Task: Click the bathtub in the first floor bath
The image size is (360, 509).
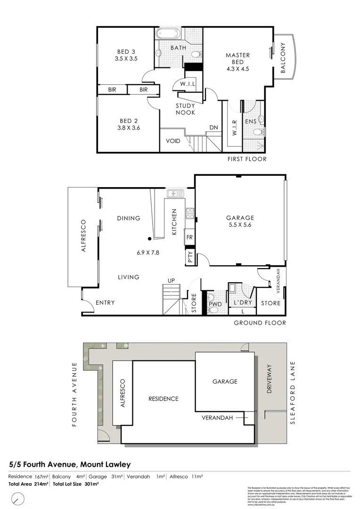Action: (168, 34)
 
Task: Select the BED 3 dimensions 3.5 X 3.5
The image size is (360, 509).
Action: (126, 59)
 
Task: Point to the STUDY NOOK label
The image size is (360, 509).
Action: (185, 109)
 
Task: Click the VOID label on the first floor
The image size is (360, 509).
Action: (173, 141)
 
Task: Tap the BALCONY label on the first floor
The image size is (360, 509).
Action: (283, 58)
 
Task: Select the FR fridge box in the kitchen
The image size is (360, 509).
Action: (189, 237)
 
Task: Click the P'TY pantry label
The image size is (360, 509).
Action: (190, 256)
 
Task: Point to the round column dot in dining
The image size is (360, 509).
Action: (150, 238)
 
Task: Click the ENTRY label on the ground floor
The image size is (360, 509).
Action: (105, 303)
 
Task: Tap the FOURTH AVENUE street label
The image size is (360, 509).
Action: (74, 394)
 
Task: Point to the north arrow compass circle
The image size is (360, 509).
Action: (18, 497)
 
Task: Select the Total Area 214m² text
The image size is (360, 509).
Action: (28, 484)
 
